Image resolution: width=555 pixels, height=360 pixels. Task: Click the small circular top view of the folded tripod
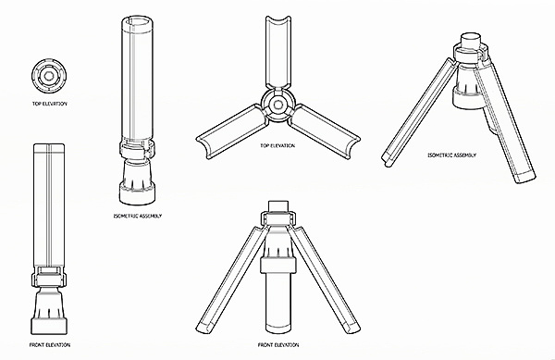click(49, 76)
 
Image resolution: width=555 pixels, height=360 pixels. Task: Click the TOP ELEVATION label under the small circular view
click(50, 104)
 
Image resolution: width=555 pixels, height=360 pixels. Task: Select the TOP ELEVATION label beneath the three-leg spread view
click(277, 145)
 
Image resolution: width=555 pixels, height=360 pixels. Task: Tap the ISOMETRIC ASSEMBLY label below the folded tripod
click(138, 216)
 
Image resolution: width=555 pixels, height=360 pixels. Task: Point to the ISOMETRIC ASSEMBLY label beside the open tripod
click(452, 155)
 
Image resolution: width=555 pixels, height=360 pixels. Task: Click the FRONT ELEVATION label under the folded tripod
click(50, 345)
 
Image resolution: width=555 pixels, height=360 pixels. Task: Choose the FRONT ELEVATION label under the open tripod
click(278, 345)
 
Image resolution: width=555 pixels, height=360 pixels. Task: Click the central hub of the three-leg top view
click(277, 105)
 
